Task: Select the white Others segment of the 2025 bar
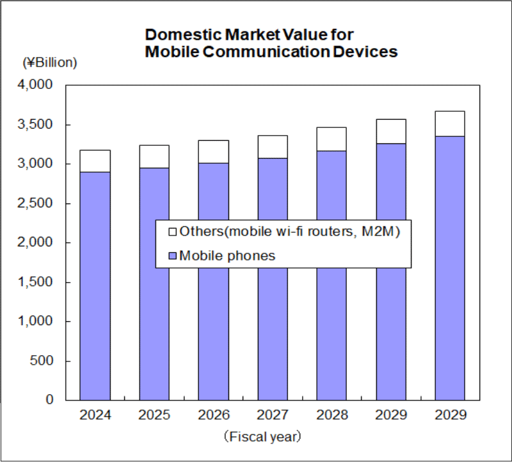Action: tap(154, 156)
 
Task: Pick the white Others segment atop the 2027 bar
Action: tap(272, 147)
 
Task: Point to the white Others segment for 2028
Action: tap(332, 139)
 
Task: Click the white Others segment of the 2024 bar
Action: tap(95, 161)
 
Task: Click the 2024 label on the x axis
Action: tap(95, 415)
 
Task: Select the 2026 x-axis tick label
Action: tap(213, 415)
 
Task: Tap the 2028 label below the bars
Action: tap(332, 415)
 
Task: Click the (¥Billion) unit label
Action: tap(50, 62)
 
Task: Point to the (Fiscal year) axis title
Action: tap(262, 437)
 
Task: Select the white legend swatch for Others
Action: tap(171, 232)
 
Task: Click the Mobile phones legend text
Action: tap(227, 256)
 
